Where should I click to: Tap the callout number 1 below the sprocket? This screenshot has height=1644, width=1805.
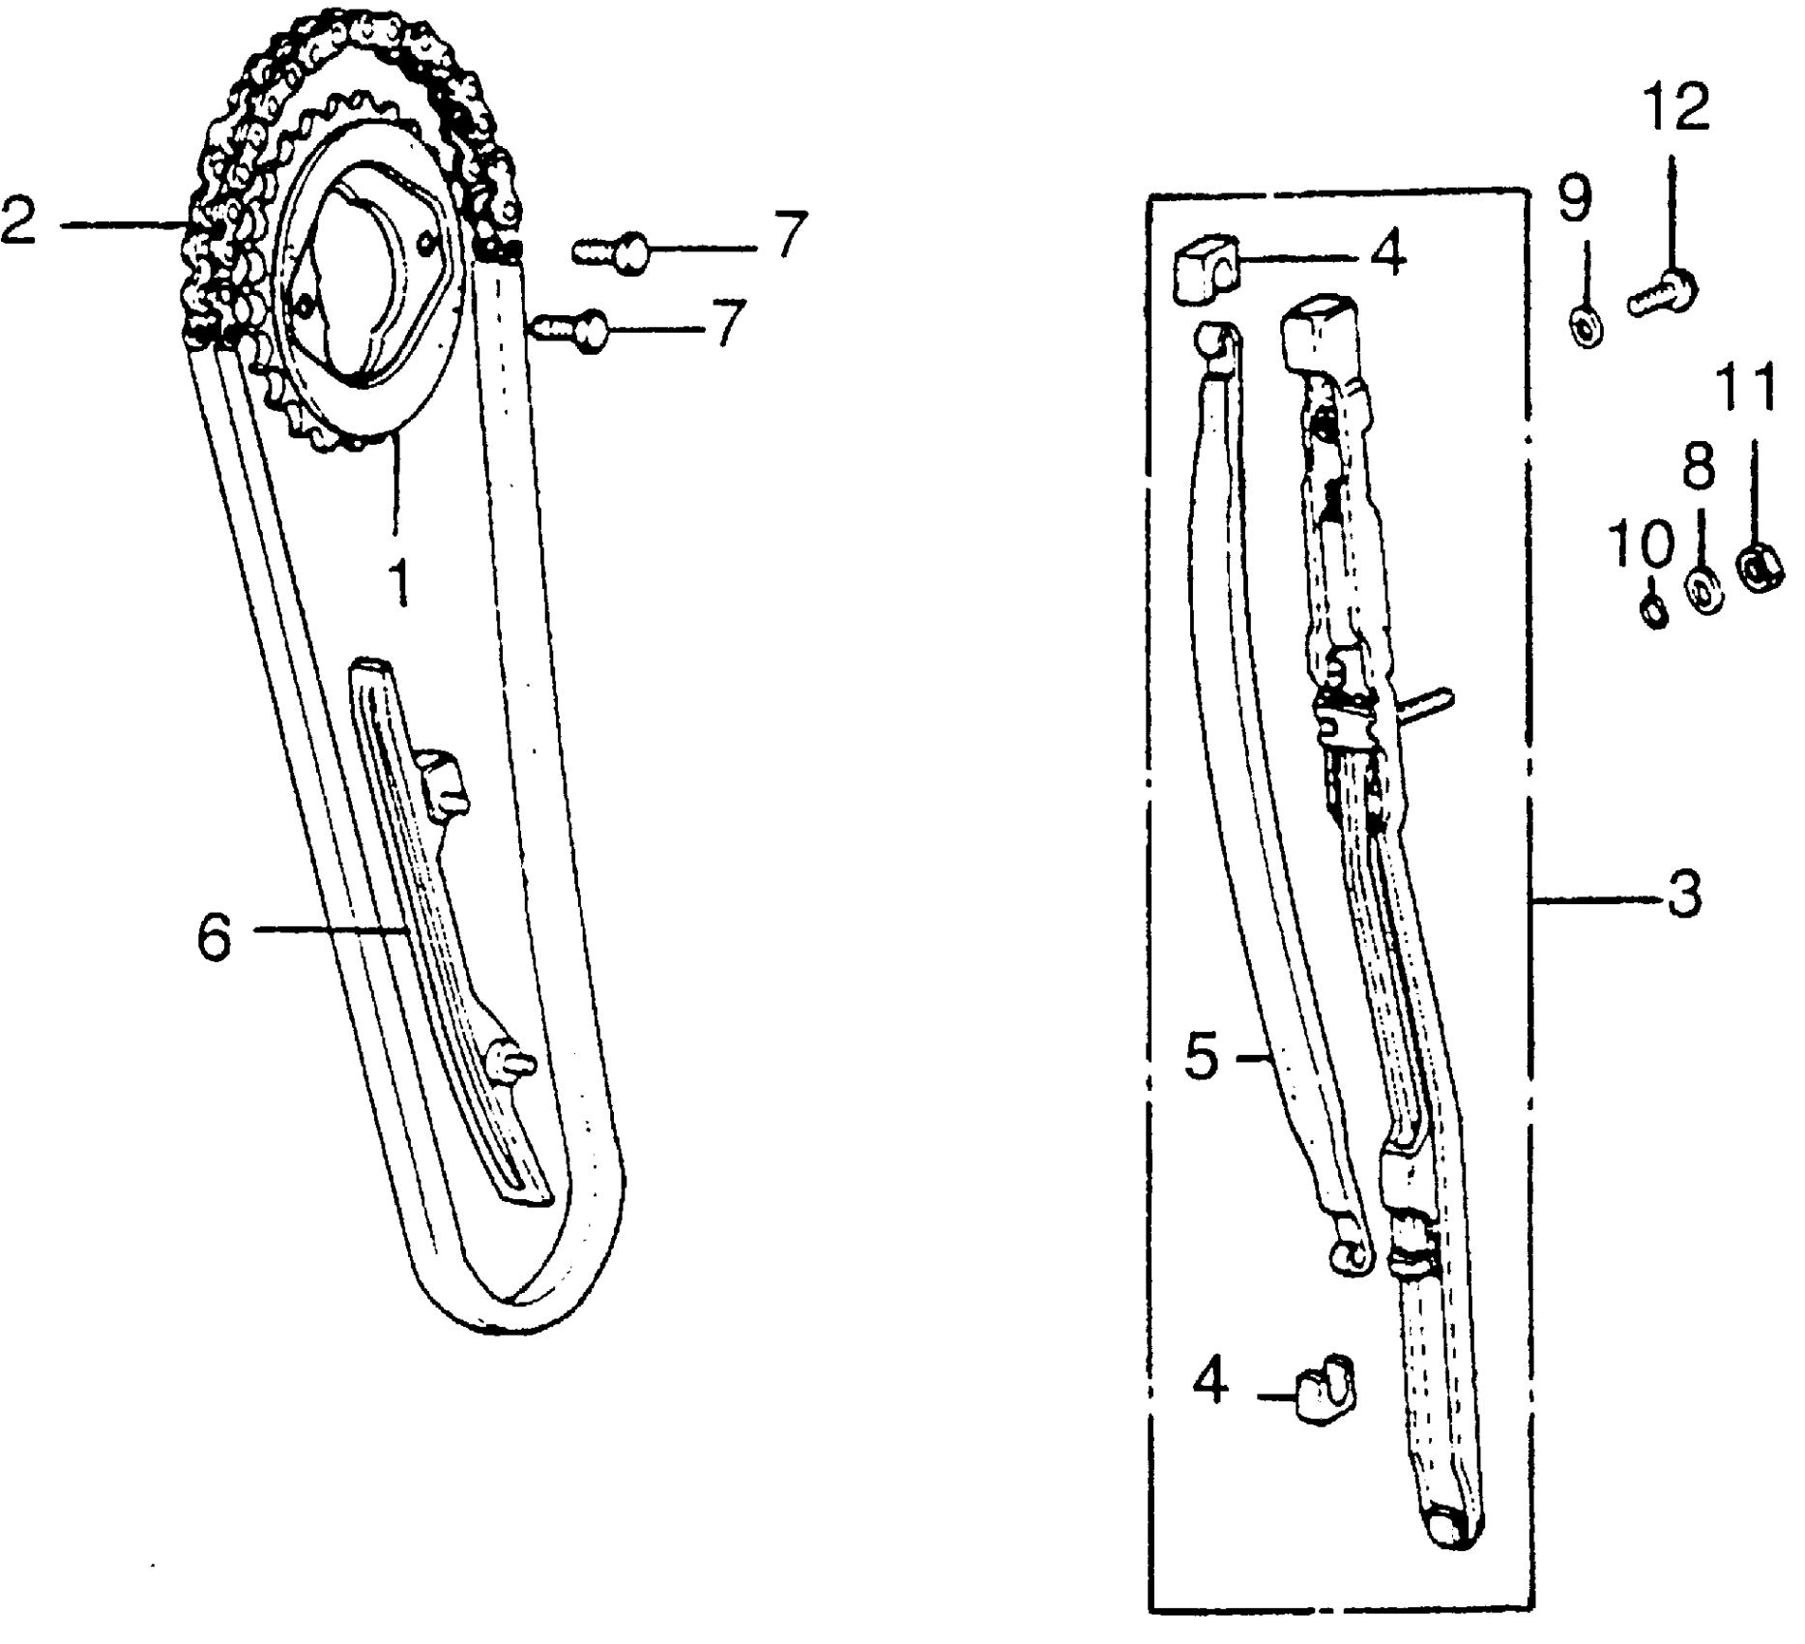397,580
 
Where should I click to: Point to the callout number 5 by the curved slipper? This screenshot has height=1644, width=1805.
1204,1057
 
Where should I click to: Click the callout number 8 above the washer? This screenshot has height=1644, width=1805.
1699,467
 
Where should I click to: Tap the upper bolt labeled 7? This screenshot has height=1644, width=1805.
614,253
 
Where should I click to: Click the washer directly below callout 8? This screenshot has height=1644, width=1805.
1703,592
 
